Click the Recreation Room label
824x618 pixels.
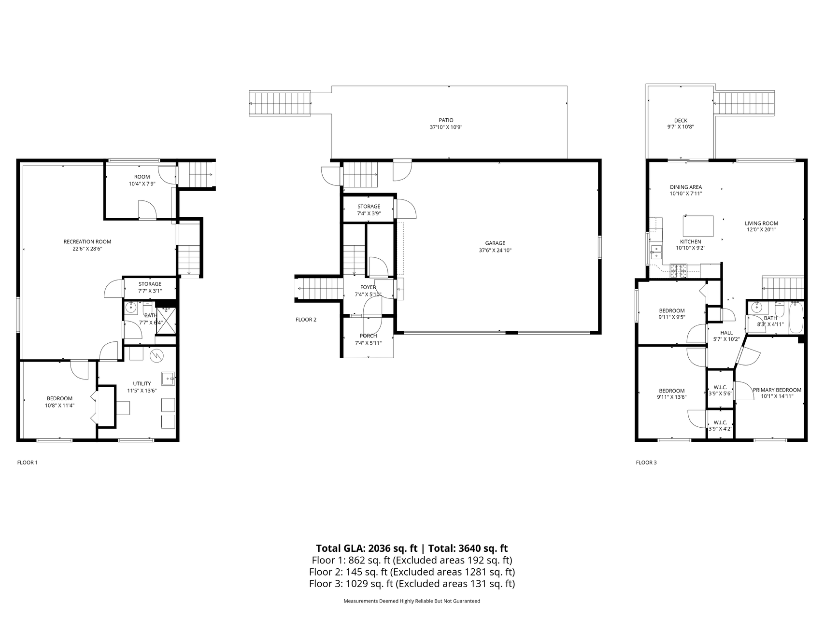[x=87, y=242]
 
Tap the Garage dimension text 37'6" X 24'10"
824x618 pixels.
[x=495, y=251]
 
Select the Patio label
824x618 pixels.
[x=446, y=120]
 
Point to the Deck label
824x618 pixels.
[x=681, y=121]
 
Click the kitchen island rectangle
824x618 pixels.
[x=698, y=225]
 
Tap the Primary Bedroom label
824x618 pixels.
[x=777, y=390]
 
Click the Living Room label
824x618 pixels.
[x=761, y=224]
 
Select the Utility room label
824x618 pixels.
[x=142, y=384]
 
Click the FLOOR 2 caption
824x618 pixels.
[x=306, y=320]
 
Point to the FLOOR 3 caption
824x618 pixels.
[x=646, y=463]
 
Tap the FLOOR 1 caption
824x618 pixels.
[x=28, y=463]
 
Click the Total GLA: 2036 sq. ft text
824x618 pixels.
[x=367, y=548]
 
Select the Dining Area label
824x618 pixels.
[x=686, y=187]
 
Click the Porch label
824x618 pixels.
[x=368, y=336]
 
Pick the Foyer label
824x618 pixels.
[x=368, y=288]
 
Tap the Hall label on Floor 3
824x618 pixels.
[x=726, y=333]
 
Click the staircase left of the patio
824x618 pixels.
[x=280, y=103]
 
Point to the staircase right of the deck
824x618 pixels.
[x=744, y=103]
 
